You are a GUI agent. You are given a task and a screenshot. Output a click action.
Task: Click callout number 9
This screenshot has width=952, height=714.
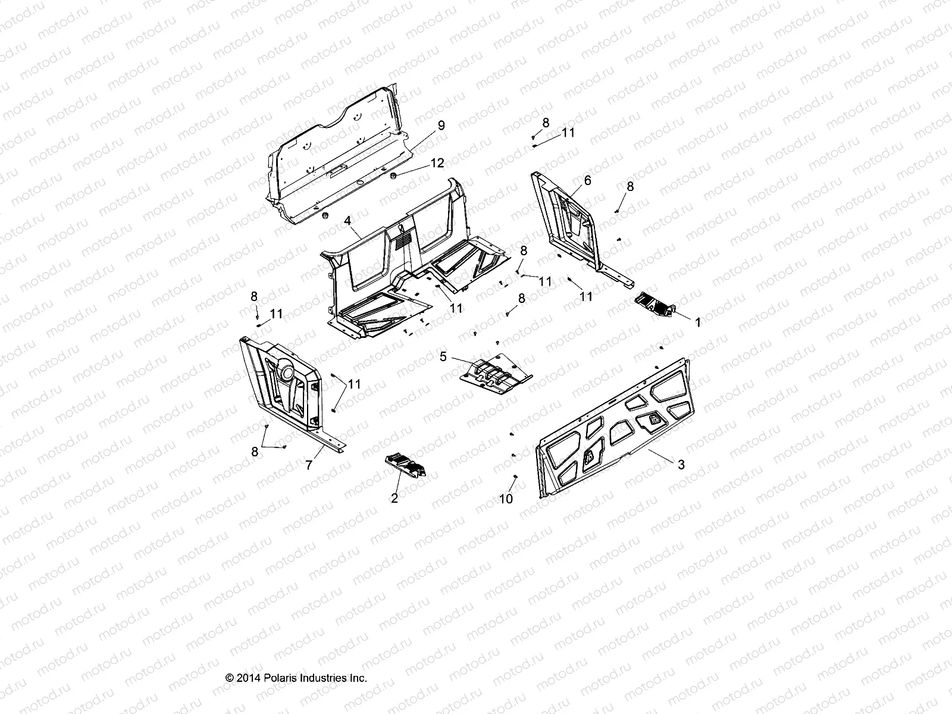point(440,126)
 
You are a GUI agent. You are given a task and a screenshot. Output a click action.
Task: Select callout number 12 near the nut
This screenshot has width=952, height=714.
point(437,163)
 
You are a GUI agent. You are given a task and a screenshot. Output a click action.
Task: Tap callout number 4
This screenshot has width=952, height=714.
point(347,221)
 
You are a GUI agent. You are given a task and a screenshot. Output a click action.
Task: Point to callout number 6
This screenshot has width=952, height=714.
point(587,180)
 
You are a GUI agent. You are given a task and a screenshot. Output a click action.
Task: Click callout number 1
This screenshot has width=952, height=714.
point(698,321)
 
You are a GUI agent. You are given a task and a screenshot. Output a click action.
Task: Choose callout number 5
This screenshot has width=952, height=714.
point(443,357)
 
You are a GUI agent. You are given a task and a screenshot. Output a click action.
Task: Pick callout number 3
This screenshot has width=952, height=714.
point(681,465)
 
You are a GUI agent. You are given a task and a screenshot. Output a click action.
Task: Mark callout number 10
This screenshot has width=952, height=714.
point(506,499)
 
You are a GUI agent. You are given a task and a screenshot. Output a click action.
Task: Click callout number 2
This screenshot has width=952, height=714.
point(394,499)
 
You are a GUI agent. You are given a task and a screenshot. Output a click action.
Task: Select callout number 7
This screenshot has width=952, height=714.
point(308,466)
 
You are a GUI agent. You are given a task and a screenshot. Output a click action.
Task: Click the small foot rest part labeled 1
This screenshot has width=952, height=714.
point(654,305)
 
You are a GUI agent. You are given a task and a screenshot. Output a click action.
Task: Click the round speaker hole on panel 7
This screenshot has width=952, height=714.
point(287,372)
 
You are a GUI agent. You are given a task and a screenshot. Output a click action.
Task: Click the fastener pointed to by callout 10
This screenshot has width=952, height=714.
point(515,477)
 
